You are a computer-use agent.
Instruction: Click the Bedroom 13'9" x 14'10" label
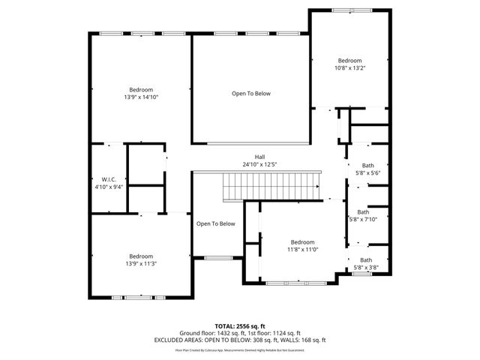(x=141, y=93)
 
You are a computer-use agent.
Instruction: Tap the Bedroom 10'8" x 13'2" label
(x=349, y=64)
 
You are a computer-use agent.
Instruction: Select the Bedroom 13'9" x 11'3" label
(x=140, y=259)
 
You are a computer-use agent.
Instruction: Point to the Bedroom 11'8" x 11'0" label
(x=302, y=245)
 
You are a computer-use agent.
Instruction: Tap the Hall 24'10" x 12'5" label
(x=259, y=160)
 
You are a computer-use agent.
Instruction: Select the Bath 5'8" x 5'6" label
(x=367, y=169)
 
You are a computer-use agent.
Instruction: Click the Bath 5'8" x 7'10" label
(x=363, y=216)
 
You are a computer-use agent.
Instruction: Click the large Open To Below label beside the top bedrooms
(x=250, y=94)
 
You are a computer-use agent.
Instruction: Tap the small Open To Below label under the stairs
(x=216, y=223)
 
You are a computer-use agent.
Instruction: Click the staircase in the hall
(x=271, y=184)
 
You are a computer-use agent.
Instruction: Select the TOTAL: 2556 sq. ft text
(x=240, y=326)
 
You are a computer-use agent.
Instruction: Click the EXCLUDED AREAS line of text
(x=240, y=340)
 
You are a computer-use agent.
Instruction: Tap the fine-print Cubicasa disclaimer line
(x=240, y=349)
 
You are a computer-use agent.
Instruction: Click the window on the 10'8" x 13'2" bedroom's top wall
(x=351, y=10)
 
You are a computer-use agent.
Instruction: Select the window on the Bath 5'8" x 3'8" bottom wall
(x=362, y=274)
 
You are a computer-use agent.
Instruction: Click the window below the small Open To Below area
(x=218, y=257)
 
